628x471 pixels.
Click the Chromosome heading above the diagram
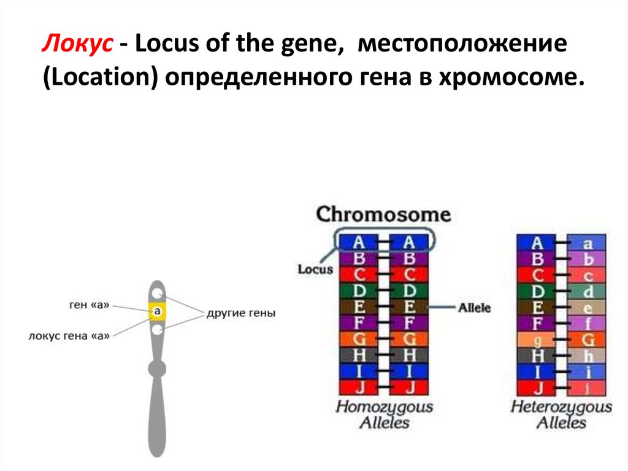(383, 214)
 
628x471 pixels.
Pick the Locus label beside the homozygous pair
(315, 269)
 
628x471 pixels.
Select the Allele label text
(475, 308)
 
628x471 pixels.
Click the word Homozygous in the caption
(385, 407)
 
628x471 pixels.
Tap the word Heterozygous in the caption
(561, 407)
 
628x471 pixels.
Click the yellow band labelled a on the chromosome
(158, 312)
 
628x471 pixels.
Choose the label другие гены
(241, 313)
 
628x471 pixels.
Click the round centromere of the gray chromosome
(157, 368)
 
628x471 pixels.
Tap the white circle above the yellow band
(158, 294)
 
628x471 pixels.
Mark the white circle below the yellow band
(158, 330)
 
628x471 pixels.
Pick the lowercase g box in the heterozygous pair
(537, 340)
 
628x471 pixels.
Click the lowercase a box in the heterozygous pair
(587, 243)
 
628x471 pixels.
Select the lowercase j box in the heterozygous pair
(587, 387)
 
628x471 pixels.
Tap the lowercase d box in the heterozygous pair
(587, 291)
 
